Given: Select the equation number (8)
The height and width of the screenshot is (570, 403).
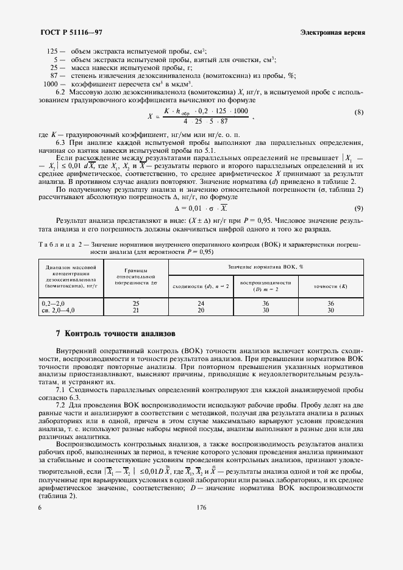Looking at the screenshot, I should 359,113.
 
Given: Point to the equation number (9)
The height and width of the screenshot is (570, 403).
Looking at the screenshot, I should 359,208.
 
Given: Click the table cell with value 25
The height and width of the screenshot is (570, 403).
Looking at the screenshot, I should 136,303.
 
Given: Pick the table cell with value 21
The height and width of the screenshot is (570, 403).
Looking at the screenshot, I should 136,310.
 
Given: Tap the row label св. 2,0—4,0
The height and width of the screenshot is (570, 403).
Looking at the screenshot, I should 58,310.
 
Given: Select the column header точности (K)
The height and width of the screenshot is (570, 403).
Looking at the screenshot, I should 330,286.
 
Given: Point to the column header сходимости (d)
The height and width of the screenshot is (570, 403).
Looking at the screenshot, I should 200,286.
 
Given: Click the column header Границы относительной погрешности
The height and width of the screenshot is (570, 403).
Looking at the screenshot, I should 136,278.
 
